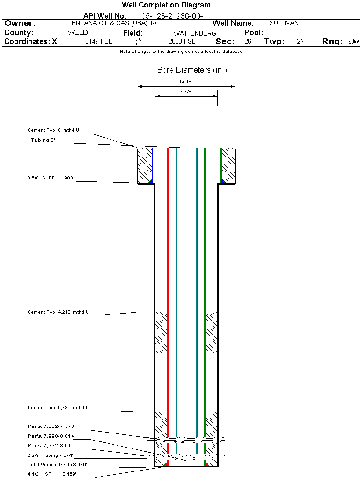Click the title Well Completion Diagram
coord(166,5)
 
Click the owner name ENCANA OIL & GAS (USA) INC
coord(122,23)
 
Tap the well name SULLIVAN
coord(284,23)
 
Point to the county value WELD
coord(78,33)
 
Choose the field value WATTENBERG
coord(195,33)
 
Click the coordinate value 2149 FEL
coord(98,42)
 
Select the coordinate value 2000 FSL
coord(182,42)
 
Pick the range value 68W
coord(353,42)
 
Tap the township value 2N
coord(301,42)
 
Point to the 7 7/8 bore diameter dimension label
coord(186,92)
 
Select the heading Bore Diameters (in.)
coord(192,70)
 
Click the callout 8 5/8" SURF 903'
coord(51,178)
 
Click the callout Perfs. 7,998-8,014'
coord(51,436)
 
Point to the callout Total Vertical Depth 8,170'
coord(57,465)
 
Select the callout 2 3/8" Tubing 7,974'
coord(51,456)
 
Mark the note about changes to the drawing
coord(181,52)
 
